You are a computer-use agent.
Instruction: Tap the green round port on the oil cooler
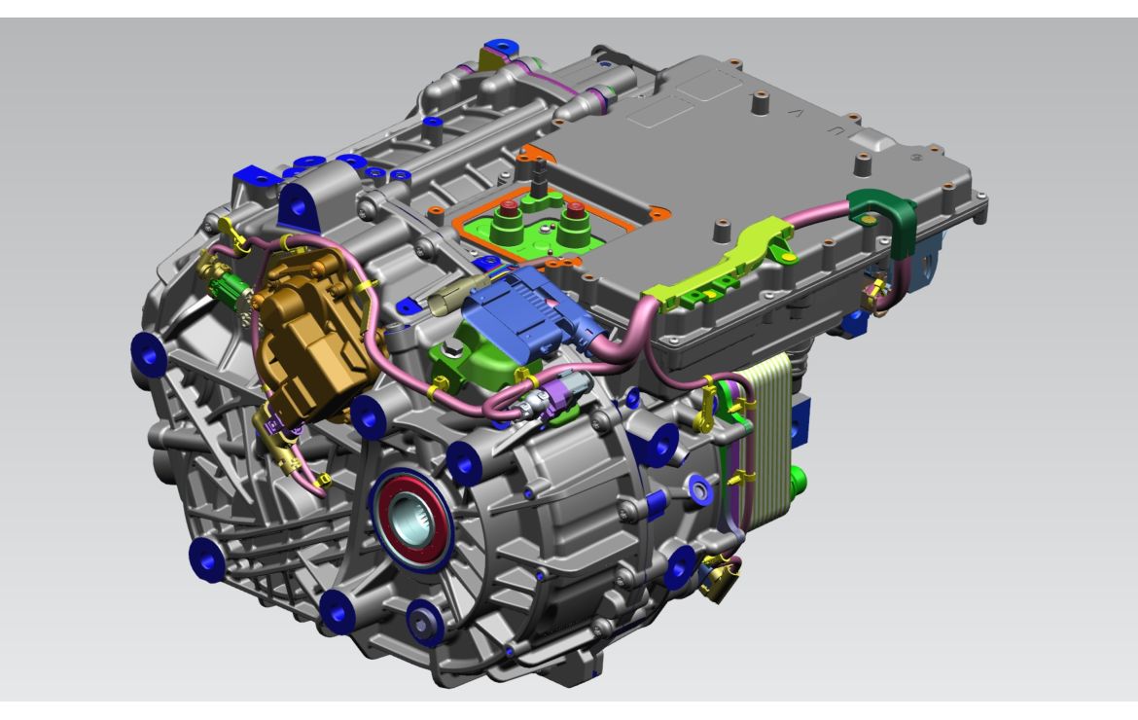pyautogui.click(x=800, y=480)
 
